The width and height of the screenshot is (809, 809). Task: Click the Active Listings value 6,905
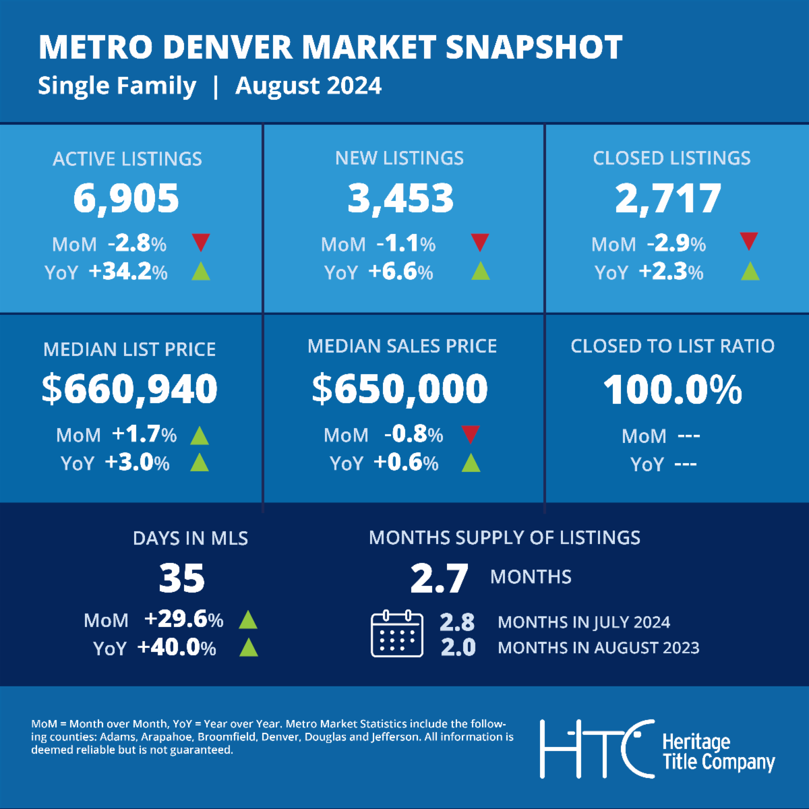[126, 198]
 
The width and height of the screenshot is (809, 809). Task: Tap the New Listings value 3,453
[401, 198]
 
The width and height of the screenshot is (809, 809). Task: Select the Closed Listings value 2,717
[668, 198]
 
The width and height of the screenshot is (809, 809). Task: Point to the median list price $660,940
[129, 389]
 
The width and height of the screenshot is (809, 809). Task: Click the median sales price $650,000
[400, 389]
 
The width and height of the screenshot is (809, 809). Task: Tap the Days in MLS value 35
[182, 578]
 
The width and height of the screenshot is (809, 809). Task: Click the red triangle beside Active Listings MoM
[201, 242]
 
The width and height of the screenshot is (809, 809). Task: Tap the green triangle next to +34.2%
[201, 272]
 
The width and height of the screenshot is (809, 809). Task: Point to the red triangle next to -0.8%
[471, 434]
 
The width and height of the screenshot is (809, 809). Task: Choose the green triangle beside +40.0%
[249, 648]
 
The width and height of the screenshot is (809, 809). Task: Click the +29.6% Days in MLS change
[183, 620]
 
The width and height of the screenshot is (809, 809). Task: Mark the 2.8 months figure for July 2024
[457, 622]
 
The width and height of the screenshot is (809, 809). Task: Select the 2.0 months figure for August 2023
[458, 647]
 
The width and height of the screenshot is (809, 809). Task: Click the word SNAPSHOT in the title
[534, 47]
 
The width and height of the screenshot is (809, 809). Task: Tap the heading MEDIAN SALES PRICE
[402, 346]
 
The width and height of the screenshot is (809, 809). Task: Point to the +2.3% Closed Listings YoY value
[671, 272]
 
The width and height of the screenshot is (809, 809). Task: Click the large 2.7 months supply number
[439, 578]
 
